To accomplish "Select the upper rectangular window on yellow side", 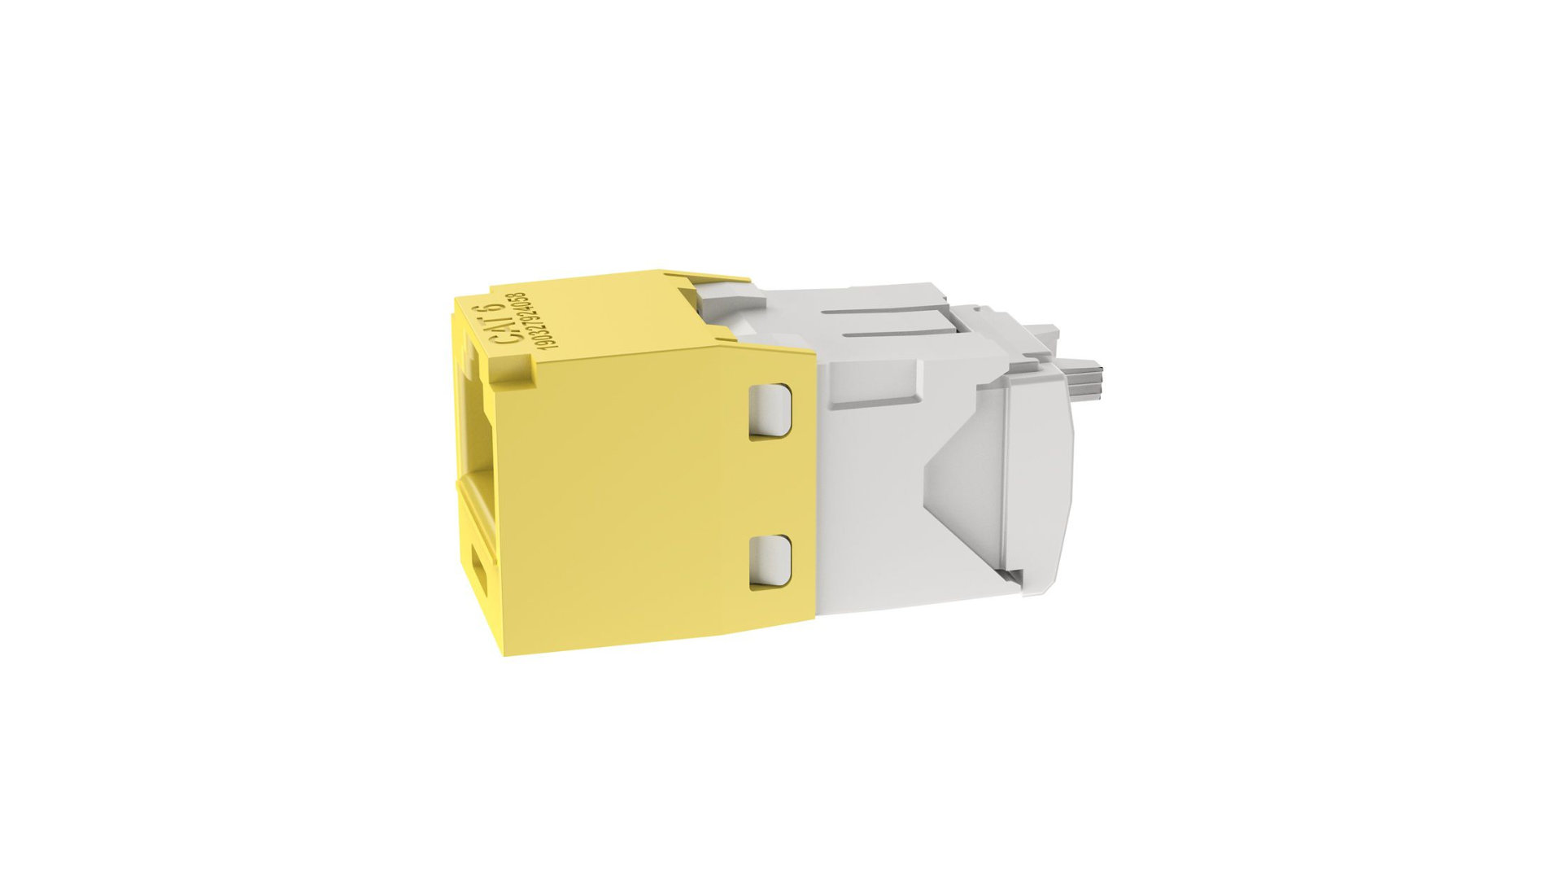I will click(770, 411).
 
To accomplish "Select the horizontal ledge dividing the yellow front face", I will click(480, 484).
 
